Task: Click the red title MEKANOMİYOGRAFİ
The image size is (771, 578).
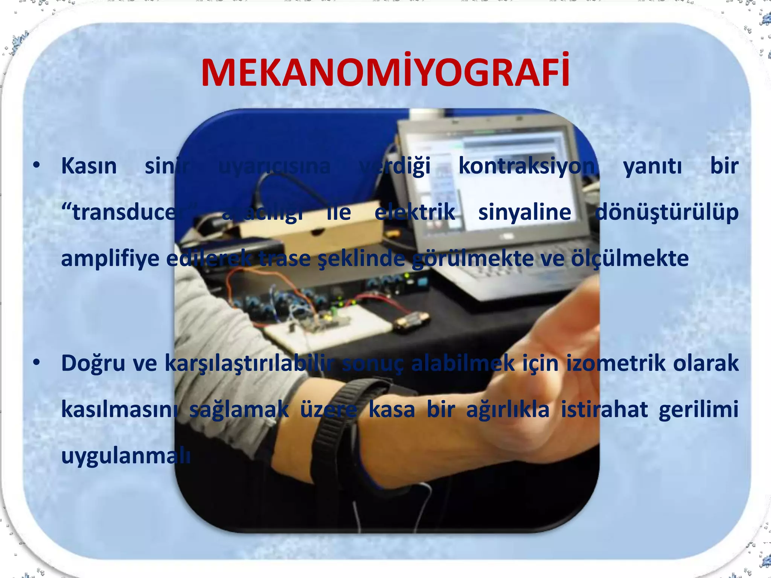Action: (x=385, y=73)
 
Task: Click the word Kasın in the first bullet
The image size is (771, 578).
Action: (x=89, y=166)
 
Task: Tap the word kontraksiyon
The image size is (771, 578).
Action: (x=526, y=166)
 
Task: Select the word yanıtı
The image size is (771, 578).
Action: (x=652, y=166)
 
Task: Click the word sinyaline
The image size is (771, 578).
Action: (x=524, y=212)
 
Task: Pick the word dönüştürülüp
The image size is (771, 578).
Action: (x=667, y=212)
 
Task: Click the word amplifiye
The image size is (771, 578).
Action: (x=110, y=259)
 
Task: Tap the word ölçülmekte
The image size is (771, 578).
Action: (x=630, y=259)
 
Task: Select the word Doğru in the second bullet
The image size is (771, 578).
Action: (x=93, y=364)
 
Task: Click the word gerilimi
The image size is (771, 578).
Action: (x=698, y=409)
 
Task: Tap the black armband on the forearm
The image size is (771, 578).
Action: (x=339, y=433)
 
